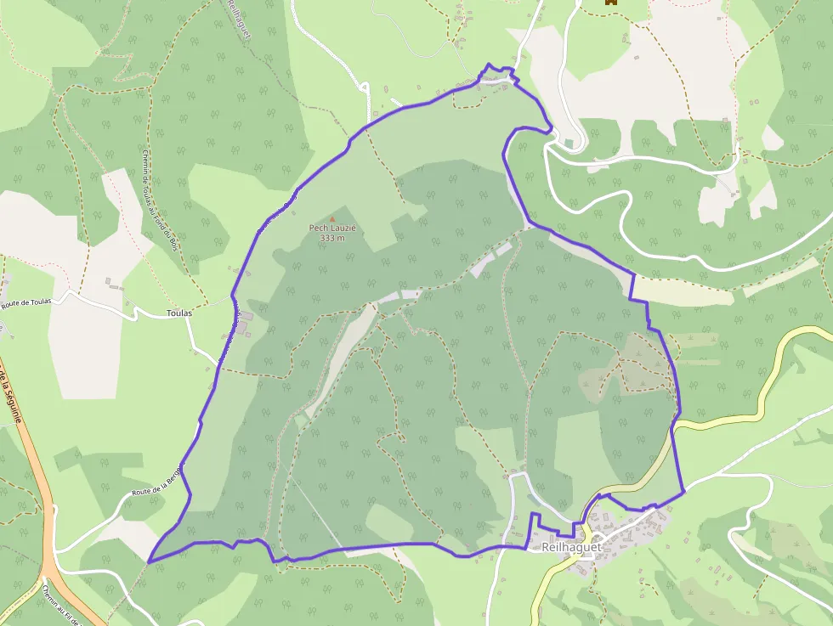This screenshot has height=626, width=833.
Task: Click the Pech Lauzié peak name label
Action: click(332, 228)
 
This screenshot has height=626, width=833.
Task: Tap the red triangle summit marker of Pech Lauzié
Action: click(332, 219)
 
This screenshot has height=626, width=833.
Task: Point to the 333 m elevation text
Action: click(332, 238)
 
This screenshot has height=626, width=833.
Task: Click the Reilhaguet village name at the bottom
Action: click(571, 547)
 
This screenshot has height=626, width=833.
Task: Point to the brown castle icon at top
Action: click(609, 3)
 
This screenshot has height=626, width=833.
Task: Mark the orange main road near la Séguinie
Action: click(34, 476)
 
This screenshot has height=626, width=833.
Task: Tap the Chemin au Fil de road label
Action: click(59, 605)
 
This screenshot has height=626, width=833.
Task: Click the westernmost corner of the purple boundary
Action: click(149, 561)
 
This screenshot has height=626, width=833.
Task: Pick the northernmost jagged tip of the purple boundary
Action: click(489, 65)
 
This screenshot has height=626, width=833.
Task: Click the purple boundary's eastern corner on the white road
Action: click(684, 491)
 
